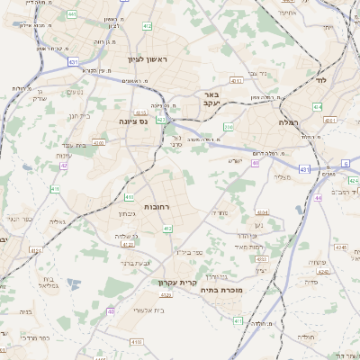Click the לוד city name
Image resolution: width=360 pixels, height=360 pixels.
[x=320, y=80]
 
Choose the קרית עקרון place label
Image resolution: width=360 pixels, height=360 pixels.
[x=176, y=283]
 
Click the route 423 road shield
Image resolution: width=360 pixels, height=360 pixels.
[x=161, y=119]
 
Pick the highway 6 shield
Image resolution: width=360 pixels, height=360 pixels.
[x=346, y=163]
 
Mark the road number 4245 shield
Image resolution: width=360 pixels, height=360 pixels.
[x=340, y=247]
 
